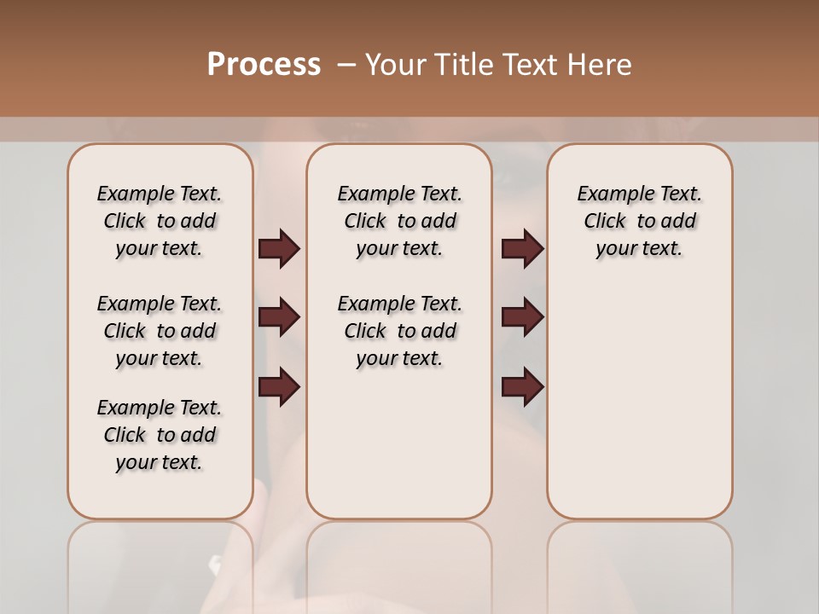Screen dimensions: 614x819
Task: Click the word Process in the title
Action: tap(264, 65)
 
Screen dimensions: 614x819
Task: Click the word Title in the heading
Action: tap(460, 65)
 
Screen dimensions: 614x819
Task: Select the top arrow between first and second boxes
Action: tap(279, 249)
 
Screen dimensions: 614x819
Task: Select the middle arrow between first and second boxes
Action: tap(279, 317)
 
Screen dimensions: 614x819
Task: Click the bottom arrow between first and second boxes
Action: tap(279, 386)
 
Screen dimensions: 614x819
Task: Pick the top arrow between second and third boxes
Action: tap(522, 249)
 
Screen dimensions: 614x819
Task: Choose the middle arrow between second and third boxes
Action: tap(522, 317)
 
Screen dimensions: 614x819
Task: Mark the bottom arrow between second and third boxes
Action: tap(522, 386)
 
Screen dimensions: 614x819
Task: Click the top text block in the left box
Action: tap(160, 221)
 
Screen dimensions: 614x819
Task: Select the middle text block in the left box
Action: tap(160, 331)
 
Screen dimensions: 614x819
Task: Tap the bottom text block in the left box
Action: tap(160, 435)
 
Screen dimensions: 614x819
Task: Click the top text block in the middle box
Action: tap(400, 221)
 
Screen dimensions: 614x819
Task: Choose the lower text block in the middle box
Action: tap(400, 331)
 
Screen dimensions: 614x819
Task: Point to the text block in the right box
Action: tap(640, 221)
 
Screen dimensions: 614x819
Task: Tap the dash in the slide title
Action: tap(346, 65)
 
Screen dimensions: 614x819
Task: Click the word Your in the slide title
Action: tap(393, 65)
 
